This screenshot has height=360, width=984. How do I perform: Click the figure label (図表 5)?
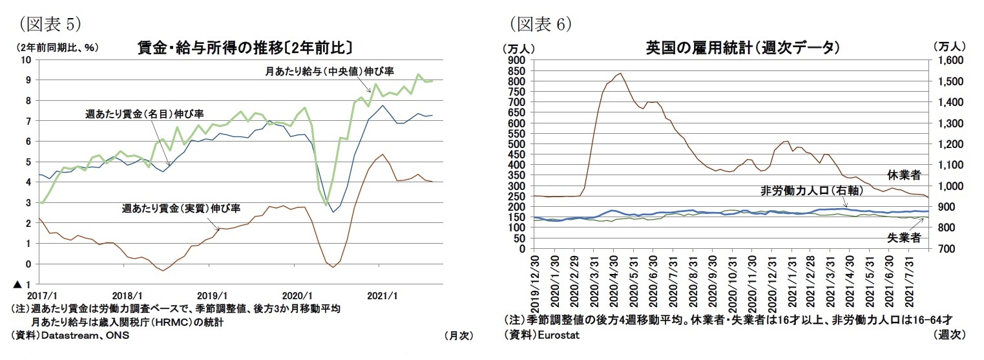point(48,25)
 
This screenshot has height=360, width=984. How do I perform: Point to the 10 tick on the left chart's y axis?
point(26,60)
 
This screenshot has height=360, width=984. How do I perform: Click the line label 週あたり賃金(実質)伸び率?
point(181,209)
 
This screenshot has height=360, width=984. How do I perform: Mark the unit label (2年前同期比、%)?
point(54,47)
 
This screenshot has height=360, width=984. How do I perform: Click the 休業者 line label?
point(903,175)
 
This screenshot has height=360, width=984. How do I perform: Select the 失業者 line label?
point(903,238)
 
